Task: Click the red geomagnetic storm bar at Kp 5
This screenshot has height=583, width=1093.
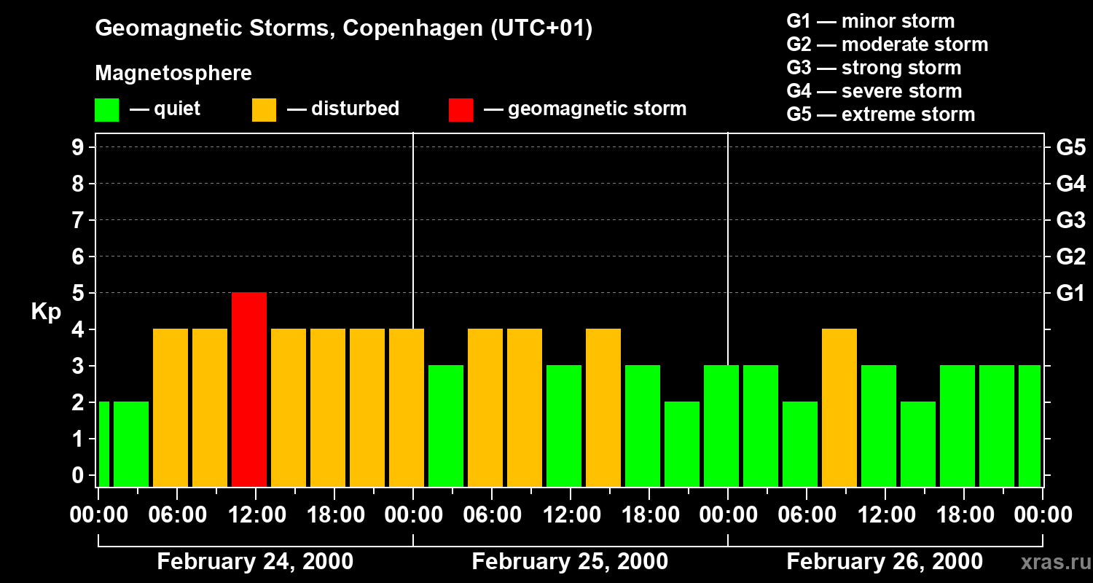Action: click(249, 389)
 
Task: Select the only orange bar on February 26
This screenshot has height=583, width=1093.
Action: click(839, 407)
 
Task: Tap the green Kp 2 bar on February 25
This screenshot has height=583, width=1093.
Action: click(682, 444)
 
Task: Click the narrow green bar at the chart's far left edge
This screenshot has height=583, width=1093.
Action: click(103, 444)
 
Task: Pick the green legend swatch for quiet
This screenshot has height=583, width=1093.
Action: click(106, 110)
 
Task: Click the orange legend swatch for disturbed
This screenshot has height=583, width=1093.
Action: click(264, 110)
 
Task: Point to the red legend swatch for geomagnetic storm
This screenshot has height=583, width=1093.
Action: click(461, 110)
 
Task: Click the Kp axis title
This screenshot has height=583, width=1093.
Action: click(46, 312)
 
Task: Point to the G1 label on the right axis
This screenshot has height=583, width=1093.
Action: click(1070, 294)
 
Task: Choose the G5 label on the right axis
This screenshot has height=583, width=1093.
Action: click(1070, 148)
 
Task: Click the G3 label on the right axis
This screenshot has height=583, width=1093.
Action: click(1070, 221)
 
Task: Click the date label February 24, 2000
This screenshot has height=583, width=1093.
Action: click(255, 562)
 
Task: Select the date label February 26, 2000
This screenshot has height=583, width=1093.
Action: click(885, 562)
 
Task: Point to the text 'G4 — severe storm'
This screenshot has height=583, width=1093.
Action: click(874, 91)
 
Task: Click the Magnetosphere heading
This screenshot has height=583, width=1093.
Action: click(173, 74)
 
